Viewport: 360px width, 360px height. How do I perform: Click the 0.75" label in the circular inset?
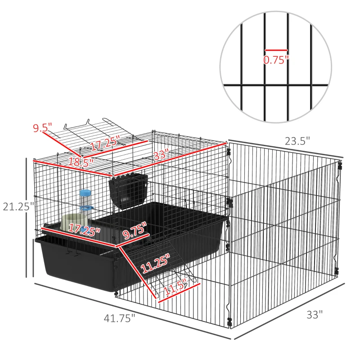(276, 60)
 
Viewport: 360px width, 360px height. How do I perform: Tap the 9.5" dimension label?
(42, 128)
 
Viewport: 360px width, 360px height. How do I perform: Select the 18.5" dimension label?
(81, 161)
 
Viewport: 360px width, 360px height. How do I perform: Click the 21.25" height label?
(18, 207)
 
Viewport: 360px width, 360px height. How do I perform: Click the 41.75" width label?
(119, 318)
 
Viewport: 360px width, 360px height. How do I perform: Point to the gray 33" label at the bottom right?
(315, 315)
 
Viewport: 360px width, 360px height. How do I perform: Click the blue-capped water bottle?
(85, 203)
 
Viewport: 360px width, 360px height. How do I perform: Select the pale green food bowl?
(73, 221)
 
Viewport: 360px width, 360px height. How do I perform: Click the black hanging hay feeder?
(128, 192)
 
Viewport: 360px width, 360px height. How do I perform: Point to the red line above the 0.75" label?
(276, 50)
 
